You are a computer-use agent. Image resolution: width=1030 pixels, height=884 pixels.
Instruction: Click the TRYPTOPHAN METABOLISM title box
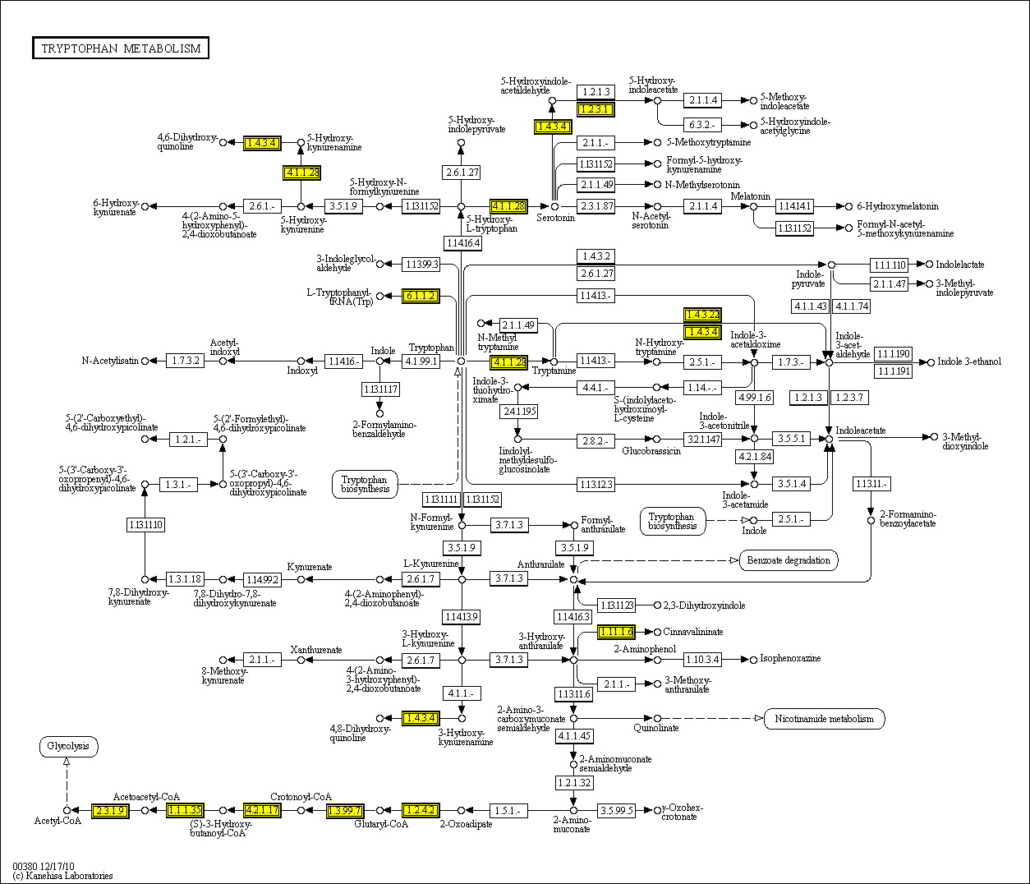[x=121, y=48]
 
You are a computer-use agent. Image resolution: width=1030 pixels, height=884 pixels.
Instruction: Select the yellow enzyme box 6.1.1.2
[x=421, y=296]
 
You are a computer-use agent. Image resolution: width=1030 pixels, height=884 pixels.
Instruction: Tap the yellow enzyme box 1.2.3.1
[x=595, y=109]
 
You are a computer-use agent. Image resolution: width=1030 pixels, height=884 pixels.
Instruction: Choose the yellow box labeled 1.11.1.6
[x=616, y=632]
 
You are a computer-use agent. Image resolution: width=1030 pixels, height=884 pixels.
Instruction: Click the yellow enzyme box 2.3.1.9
[x=110, y=811]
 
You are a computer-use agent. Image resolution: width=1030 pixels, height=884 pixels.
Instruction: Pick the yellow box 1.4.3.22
[x=702, y=315]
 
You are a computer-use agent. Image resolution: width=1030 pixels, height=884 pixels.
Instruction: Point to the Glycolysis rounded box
[x=68, y=747]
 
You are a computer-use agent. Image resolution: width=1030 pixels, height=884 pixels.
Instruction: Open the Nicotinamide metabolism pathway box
[x=824, y=719]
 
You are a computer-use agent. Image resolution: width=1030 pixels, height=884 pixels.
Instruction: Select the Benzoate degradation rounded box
[x=789, y=560]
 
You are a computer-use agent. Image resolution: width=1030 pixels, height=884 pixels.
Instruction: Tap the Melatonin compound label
[x=751, y=196]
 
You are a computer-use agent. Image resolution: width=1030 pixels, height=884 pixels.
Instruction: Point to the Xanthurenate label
[x=316, y=650]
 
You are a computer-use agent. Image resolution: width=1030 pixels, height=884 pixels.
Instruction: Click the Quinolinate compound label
[x=656, y=728]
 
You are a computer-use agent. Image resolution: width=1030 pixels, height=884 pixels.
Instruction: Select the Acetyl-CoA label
[x=57, y=821]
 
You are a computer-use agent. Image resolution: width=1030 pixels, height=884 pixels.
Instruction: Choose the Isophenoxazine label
[x=790, y=658]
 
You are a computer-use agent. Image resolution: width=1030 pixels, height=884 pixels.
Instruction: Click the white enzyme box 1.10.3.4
[x=702, y=660]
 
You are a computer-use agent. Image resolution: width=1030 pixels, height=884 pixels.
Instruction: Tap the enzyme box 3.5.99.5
[x=617, y=811]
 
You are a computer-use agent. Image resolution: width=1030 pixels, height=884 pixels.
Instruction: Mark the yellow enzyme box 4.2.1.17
[x=263, y=811]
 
